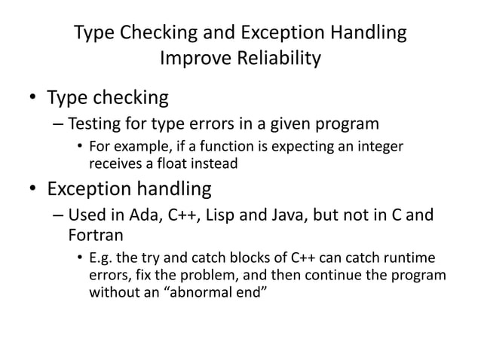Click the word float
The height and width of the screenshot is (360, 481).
click(x=169, y=162)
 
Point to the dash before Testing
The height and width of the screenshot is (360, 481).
click(x=59, y=124)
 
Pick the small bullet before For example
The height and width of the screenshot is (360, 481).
click(x=79, y=146)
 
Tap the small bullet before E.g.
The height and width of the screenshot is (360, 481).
click(x=79, y=258)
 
